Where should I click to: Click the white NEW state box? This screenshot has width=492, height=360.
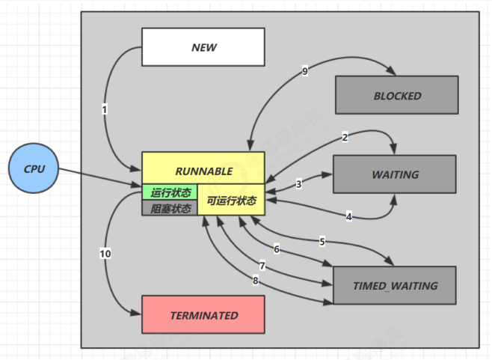[x=203, y=46]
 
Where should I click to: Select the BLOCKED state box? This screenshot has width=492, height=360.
[x=397, y=96]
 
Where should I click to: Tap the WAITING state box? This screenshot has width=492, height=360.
[x=395, y=174]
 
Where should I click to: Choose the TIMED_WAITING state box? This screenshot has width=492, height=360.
[x=395, y=285]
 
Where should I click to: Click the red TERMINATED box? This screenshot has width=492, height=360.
[x=203, y=315]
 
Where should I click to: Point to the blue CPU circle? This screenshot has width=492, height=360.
[x=34, y=169]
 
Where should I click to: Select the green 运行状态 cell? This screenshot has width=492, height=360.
[x=170, y=192]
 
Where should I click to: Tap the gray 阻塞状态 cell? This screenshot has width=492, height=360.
[x=170, y=208]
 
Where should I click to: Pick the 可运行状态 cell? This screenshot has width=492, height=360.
[x=231, y=200]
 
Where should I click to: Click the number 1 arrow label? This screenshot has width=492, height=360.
[x=105, y=109]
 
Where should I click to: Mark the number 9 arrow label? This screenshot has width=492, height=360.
[x=305, y=72]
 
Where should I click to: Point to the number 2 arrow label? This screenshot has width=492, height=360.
[x=345, y=137]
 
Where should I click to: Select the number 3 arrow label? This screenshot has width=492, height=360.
[x=298, y=184]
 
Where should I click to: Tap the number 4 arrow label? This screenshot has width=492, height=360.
[x=348, y=216]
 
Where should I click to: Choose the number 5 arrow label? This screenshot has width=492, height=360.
[x=322, y=242]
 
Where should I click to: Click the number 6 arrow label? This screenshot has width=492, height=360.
[x=276, y=249]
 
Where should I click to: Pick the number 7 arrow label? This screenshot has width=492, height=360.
[x=262, y=266]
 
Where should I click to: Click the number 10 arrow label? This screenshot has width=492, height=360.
[x=105, y=254]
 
